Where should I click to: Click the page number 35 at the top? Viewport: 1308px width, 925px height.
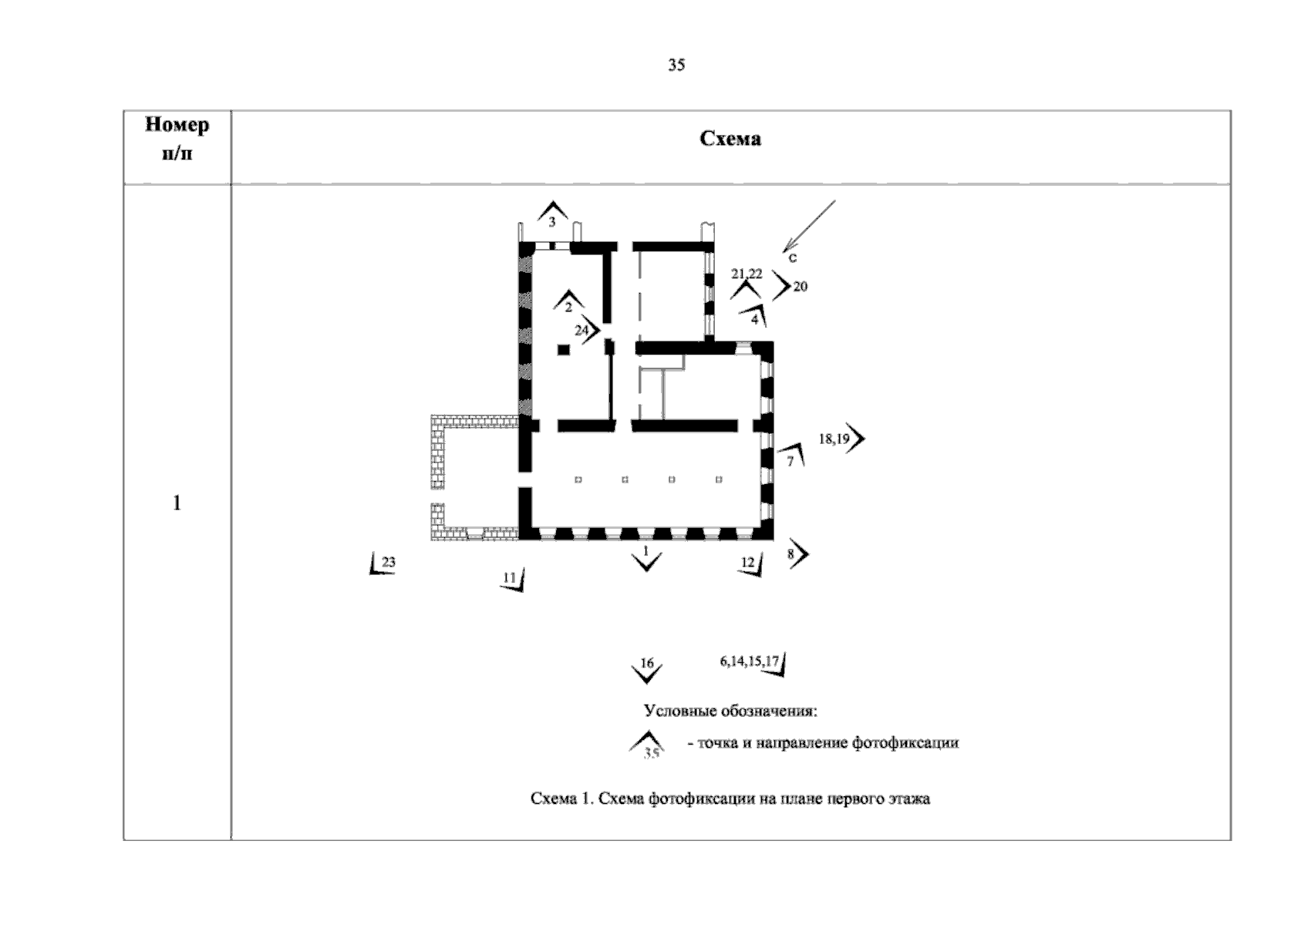[676, 65]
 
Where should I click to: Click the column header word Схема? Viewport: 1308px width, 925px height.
[730, 139]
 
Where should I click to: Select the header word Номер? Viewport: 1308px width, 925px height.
[177, 125]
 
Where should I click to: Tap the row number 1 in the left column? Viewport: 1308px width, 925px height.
[177, 503]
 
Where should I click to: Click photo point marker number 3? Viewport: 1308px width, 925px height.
[552, 222]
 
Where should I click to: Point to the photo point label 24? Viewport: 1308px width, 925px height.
[582, 331]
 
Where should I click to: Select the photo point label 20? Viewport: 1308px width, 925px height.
[801, 286]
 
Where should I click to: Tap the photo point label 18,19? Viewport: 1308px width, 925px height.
[834, 439]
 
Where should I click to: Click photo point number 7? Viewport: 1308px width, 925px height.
[790, 462]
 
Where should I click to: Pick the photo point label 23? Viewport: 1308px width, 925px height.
[389, 562]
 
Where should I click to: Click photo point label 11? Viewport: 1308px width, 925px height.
[510, 578]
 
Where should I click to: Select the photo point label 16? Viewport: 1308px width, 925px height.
[647, 663]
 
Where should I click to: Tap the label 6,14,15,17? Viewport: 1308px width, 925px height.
[749, 661]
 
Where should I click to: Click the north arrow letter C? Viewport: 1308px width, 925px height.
[792, 257]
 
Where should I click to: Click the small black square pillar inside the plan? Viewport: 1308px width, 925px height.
[564, 350]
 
